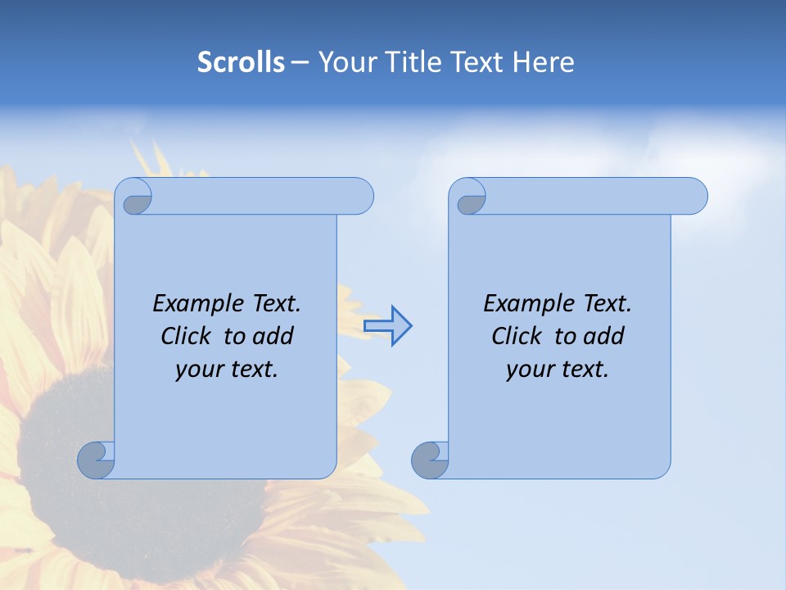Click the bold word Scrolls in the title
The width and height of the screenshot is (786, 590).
(241, 62)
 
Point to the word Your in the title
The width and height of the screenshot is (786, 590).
(349, 62)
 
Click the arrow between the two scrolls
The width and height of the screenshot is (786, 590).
(388, 326)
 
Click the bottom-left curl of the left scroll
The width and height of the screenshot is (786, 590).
(96, 460)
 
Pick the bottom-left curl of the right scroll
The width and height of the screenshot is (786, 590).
(429, 460)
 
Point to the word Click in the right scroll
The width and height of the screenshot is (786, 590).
(517, 337)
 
